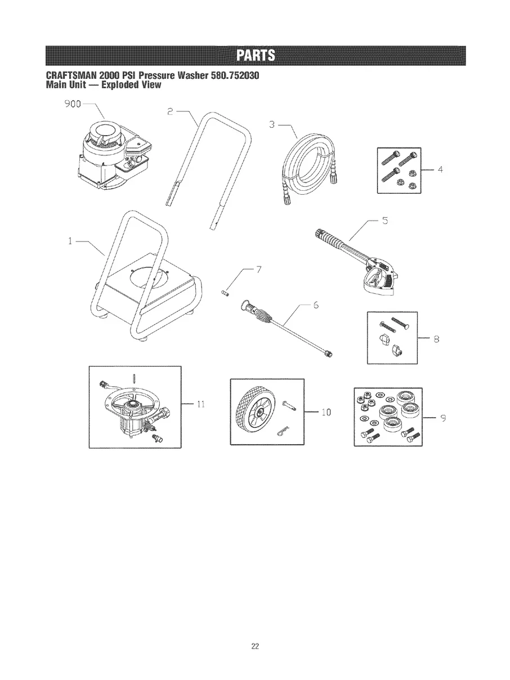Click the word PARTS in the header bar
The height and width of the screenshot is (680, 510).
point(255,56)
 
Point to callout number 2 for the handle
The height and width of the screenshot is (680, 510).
point(171,111)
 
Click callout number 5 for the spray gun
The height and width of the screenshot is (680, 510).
point(385,220)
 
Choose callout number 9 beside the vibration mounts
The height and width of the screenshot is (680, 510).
point(444,418)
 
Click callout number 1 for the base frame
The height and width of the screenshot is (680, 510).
point(70,241)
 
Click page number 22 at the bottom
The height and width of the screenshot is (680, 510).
point(254,646)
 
